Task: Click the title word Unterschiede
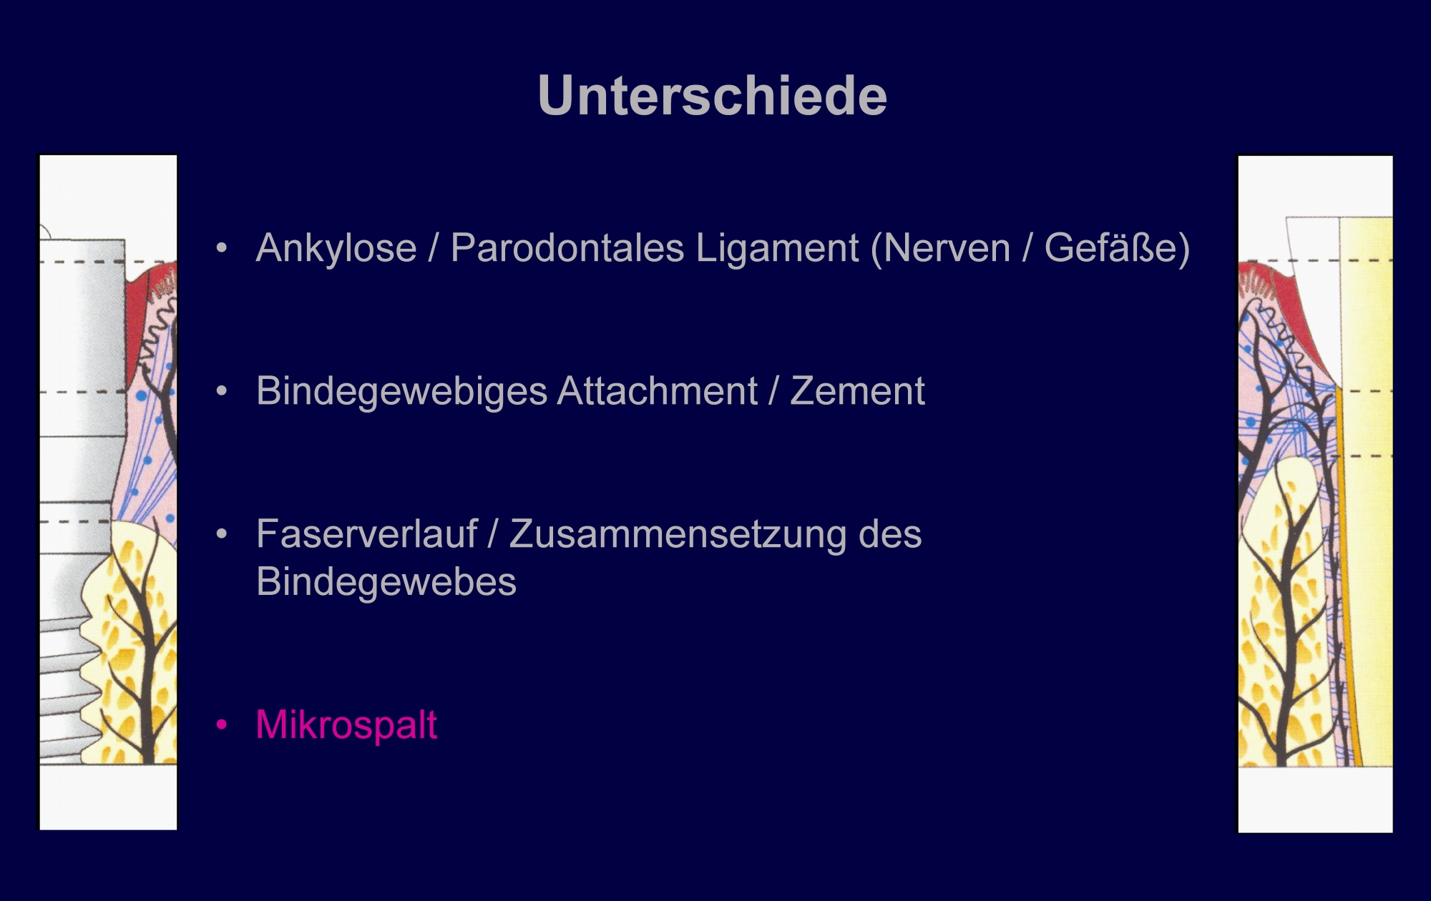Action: coord(713,95)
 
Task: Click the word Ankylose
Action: coord(336,249)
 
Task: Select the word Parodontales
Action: coord(567,248)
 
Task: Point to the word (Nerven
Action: coord(941,249)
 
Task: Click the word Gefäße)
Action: coord(1117,248)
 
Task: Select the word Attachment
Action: coord(657,391)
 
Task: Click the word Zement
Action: coord(857,392)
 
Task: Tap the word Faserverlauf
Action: coord(366,534)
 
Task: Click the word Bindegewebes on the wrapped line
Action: coord(386,582)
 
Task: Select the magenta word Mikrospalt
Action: coord(346,726)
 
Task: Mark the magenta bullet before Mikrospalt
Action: coord(222,725)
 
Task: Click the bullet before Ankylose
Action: coord(222,249)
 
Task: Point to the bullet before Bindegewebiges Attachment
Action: coord(222,392)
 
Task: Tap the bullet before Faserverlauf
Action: coord(222,535)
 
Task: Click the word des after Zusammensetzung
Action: coord(890,535)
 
